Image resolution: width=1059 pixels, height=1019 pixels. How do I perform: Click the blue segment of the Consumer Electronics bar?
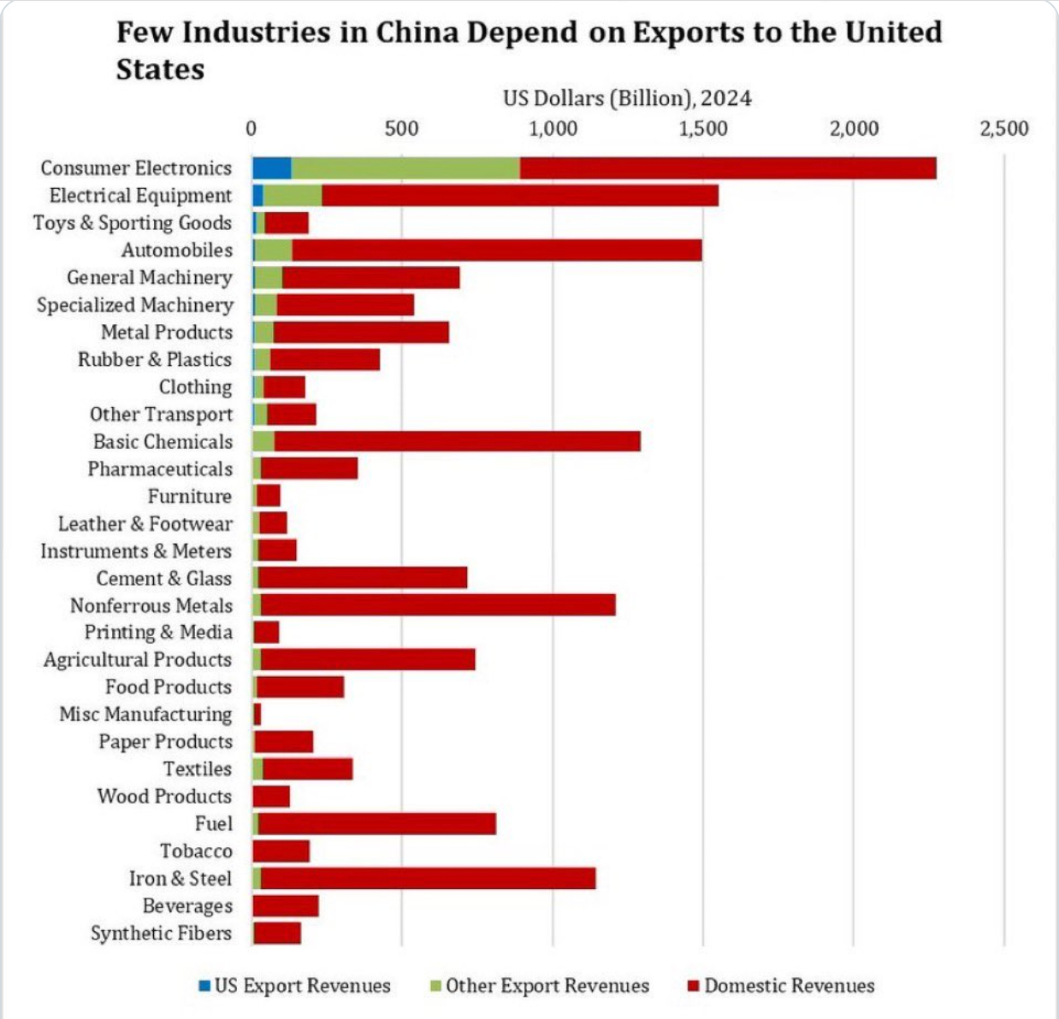271,168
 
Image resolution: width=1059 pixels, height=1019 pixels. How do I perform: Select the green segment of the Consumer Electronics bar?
405,168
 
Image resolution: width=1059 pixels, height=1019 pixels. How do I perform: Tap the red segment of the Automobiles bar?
496,250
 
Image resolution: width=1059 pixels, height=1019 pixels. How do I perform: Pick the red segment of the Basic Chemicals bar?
457,442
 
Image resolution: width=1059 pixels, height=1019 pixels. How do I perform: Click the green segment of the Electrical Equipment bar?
292,196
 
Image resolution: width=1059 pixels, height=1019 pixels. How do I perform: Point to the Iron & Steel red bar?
428,878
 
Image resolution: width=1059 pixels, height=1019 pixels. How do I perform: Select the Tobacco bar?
281,851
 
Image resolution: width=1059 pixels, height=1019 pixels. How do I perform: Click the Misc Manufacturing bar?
257,715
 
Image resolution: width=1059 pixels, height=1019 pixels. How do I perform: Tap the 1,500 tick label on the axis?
703,129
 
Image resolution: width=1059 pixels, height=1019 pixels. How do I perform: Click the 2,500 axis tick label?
1004,129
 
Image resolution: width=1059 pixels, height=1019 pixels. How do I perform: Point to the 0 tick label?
251,129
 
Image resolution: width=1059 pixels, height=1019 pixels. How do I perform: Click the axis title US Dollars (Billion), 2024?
627,98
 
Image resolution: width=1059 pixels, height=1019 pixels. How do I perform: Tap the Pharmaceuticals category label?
160,469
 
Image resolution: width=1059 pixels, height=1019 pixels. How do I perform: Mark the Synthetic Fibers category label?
161,934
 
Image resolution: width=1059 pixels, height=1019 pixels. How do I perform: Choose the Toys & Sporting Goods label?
133,223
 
